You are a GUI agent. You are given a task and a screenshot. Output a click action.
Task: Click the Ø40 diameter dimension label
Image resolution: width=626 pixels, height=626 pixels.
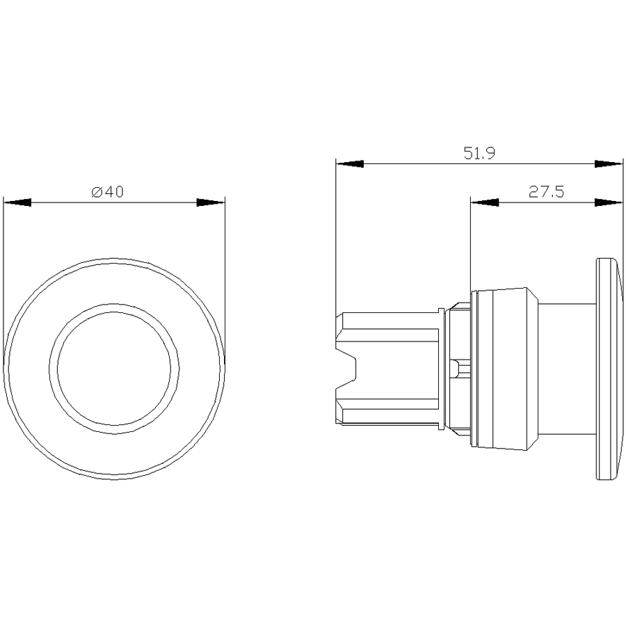point(108,192)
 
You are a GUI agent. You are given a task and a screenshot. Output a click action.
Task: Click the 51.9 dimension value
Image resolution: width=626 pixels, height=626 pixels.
point(479,153)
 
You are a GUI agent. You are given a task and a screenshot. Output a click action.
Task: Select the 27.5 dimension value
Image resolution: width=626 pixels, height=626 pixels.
point(546,192)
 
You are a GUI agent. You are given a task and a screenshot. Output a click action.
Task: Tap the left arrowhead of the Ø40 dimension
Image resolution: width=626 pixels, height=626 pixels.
point(17,202)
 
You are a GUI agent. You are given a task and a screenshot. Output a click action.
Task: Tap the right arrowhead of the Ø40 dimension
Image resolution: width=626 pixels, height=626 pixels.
point(211,202)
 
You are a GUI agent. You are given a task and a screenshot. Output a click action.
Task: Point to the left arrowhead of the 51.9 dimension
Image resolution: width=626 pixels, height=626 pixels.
point(350,163)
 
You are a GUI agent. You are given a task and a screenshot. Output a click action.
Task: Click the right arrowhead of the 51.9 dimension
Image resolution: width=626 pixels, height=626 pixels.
point(609,163)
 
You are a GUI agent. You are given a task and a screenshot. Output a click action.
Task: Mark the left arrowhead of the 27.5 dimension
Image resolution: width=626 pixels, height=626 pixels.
point(485,202)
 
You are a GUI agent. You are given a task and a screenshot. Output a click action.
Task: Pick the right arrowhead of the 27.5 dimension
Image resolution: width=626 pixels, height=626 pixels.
point(609,202)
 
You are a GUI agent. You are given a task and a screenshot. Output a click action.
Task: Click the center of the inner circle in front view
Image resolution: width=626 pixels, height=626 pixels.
point(114,369)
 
